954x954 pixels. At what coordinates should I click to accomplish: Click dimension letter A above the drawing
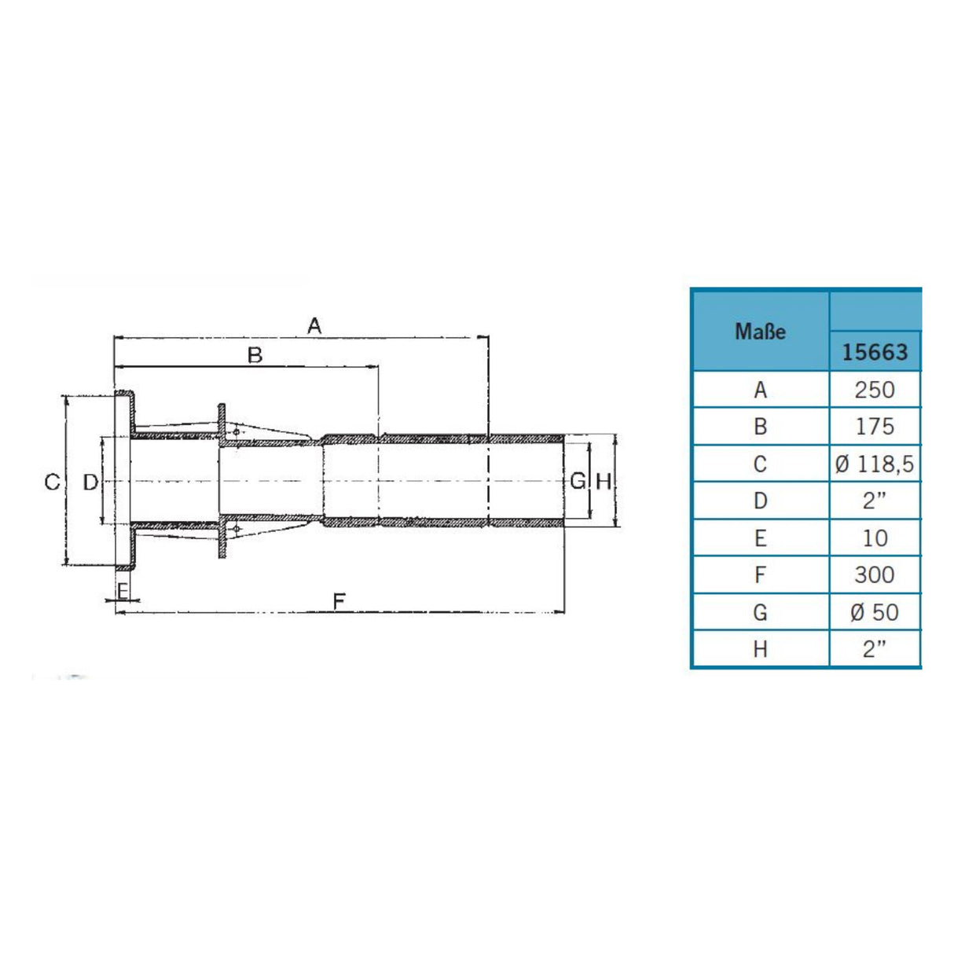(x=314, y=325)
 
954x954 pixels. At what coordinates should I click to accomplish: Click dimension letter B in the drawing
(x=255, y=355)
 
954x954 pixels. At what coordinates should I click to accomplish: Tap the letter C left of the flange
(x=52, y=482)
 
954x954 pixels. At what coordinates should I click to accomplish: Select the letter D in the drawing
(x=90, y=482)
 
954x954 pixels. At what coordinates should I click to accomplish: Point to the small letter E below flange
(x=123, y=591)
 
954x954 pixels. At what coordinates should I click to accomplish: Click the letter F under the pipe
(x=339, y=602)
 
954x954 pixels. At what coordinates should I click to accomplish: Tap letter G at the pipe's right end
(x=578, y=481)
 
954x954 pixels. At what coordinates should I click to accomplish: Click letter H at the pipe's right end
(x=603, y=481)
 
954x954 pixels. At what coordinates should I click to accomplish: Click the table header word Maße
(x=760, y=332)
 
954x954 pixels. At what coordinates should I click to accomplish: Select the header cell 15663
(x=874, y=352)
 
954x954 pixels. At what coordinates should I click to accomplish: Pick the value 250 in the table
(x=874, y=390)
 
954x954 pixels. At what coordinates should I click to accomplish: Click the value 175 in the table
(x=874, y=427)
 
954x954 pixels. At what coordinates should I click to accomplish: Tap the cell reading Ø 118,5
(x=874, y=464)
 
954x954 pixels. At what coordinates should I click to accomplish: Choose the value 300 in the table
(x=874, y=574)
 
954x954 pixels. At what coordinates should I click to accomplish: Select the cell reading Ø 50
(x=874, y=612)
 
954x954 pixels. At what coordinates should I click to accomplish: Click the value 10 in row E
(x=874, y=538)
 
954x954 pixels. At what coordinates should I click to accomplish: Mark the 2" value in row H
(x=874, y=649)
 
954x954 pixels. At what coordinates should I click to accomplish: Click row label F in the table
(x=760, y=574)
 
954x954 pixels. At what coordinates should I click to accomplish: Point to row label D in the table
(x=760, y=501)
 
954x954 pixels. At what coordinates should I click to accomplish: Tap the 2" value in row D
(x=874, y=501)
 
